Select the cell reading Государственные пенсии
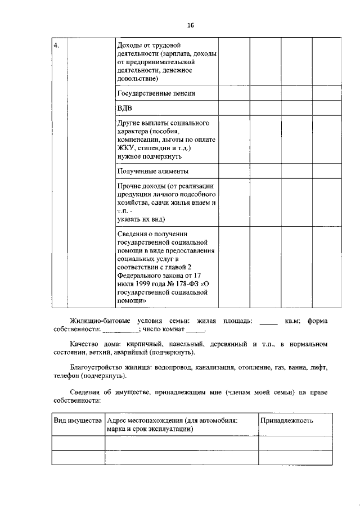[x=156, y=93]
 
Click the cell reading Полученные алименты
[x=152, y=171]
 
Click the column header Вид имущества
[x=78, y=421]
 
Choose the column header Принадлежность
[x=286, y=421]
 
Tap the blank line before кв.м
[x=268, y=324]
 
